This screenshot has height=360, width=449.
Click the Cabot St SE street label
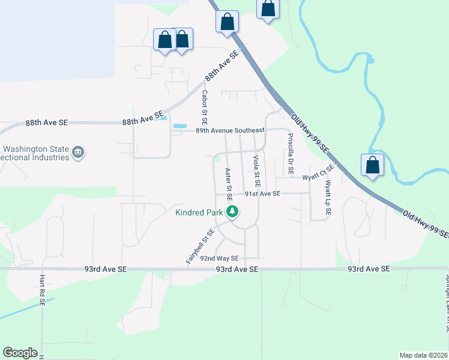tap(204, 101)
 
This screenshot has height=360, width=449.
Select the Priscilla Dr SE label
tap(291, 154)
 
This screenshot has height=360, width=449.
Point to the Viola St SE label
tap(256, 170)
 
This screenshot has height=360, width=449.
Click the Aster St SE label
tap(228, 184)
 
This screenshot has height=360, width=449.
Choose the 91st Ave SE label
tap(262, 194)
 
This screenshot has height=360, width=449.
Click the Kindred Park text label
tap(199, 212)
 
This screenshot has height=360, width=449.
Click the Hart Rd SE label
tap(42, 291)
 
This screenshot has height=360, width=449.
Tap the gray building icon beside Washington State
tap(77, 152)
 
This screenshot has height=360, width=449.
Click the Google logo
tap(20, 353)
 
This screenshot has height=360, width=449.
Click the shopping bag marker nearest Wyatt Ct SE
tap(372, 166)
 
